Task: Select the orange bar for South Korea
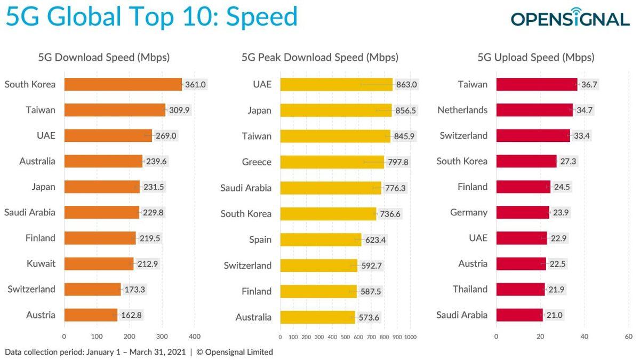click(x=123, y=84)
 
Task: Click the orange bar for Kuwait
click(x=99, y=263)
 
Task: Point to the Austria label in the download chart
click(x=41, y=315)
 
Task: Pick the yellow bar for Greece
click(x=332, y=162)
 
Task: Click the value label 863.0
click(x=406, y=84)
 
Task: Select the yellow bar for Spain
click(x=321, y=239)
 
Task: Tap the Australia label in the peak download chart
click(x=253, y=317)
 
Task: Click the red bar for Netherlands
click(x=534, y=110)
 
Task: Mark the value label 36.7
click(x=589, y=84)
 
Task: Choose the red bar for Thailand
click(x=520, y=289)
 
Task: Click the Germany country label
click(x=469, y=212)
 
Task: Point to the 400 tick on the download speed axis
click(x=195, y=337)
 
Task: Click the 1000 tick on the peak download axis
click(x=410, y=337)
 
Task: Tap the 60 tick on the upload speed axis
click(x=628, y=337)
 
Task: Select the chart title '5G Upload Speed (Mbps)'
click(x=535, y=58)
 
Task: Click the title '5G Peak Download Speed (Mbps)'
click(x=319, y=58)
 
